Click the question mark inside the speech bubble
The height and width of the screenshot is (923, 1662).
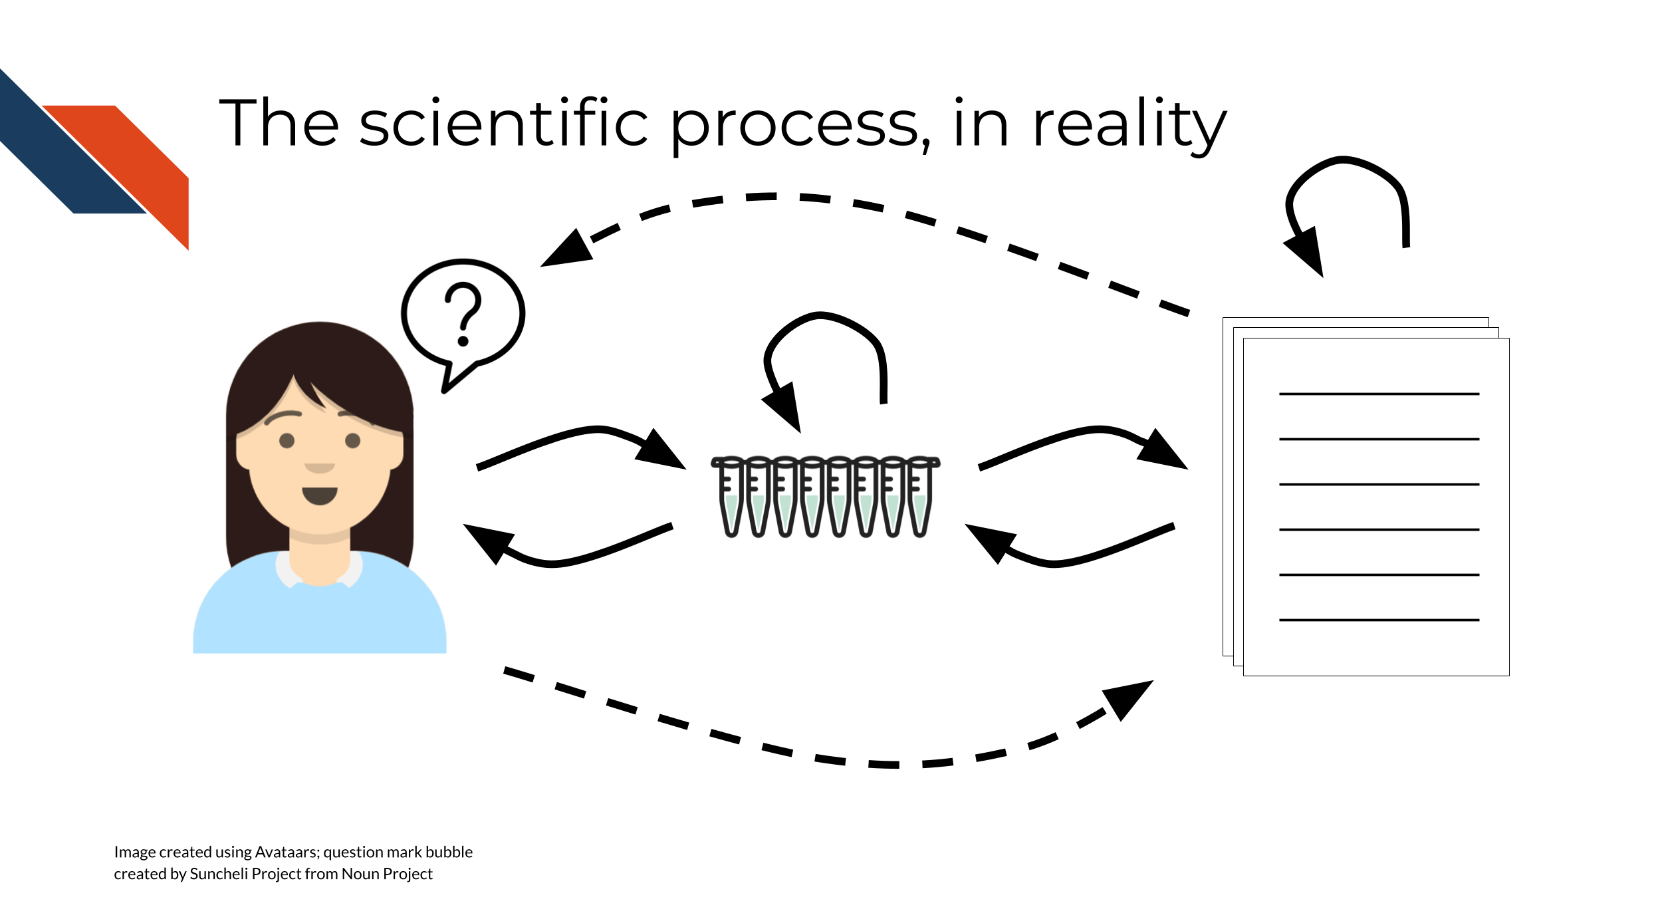463,315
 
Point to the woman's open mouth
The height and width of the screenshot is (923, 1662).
320,495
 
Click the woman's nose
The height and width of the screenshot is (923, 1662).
320,467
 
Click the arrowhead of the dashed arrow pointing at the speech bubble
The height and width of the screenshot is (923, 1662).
568,249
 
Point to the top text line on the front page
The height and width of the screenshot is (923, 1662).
1379,394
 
